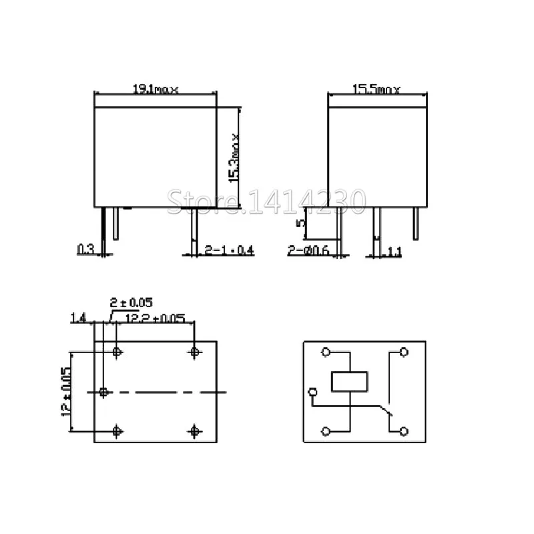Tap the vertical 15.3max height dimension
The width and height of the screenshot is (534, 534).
pos(234,158)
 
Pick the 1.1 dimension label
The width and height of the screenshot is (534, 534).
pos(394,251)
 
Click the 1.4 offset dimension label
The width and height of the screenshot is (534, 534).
pos(77,319)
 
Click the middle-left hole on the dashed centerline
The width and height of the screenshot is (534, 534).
pos(103,391)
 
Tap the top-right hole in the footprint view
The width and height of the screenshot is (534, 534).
pos(195,351)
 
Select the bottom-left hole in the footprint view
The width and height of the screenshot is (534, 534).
pos(118,431)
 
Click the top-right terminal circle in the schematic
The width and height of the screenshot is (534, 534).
pos(403,352)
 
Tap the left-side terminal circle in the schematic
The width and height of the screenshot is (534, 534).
pos(312,392)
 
